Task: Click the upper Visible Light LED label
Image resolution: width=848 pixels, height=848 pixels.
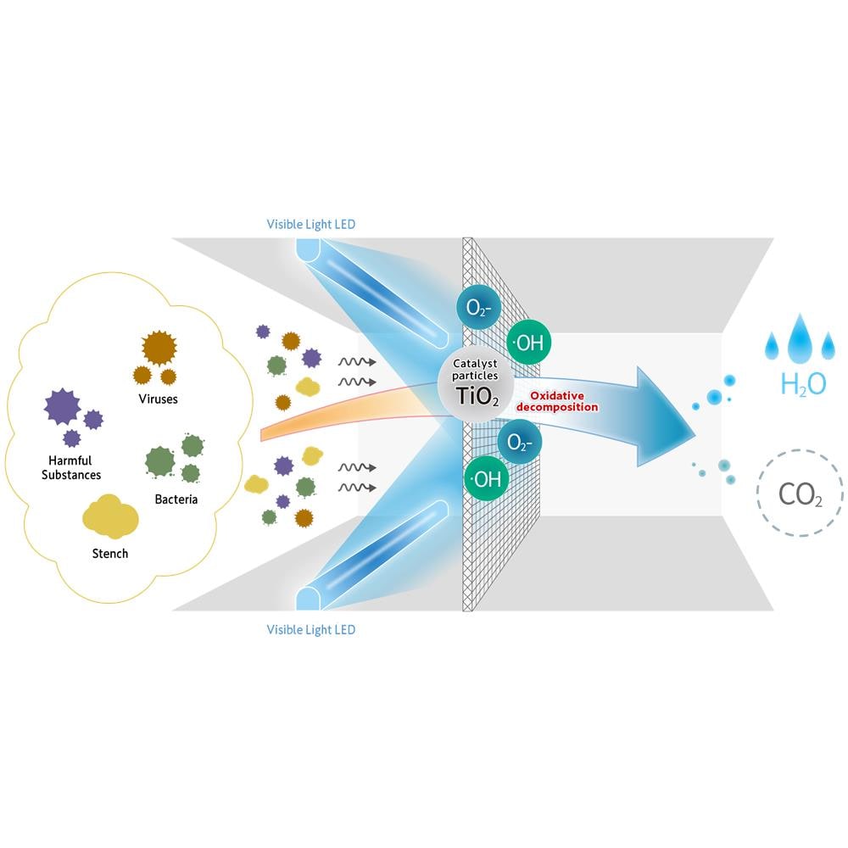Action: click(x=311, y=225)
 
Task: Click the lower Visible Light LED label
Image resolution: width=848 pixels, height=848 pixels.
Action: click(x=311, y=630)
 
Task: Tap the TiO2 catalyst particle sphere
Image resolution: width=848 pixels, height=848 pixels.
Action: click(x=476, y=384)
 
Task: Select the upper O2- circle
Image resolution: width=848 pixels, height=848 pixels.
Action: click(x=478, y=308)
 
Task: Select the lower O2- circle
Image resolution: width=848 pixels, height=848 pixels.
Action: click(x=519, y=443)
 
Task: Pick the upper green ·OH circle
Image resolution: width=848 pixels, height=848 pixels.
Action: click(x=528, y=343)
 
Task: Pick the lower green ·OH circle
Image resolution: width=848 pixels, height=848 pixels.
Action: click(x=486, y=478)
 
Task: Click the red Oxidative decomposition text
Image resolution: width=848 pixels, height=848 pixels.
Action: click(x=557, y=401)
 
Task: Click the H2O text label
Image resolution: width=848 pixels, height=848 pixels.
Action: click(x=803, y=384)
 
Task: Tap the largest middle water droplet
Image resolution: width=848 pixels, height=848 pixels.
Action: click(x=800, y=338)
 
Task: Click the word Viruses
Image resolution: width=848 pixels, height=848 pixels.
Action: click(x=158, y=399)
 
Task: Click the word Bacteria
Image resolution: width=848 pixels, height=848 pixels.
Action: click(x=176, y=499)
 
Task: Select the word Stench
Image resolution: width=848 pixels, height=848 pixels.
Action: click(x=110, y=554)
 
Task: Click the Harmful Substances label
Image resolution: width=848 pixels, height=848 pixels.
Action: click(x=71, y=468)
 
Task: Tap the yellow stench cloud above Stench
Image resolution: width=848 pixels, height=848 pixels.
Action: click(x=110, y=517)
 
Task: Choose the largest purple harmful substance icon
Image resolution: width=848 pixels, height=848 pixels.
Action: click(x=62, y=406)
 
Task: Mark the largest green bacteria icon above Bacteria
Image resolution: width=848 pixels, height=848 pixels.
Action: click(x=160, y=462)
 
